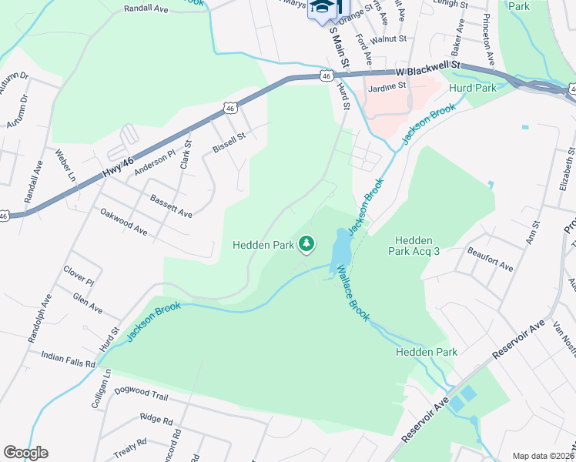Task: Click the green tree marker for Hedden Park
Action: click(x=307, y=244)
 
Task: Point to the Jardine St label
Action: click(x=387, y=88)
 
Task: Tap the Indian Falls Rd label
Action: click(x=69, y=358)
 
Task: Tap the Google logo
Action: click(x=25, y=453)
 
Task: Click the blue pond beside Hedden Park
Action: click(x=340, y=250)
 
